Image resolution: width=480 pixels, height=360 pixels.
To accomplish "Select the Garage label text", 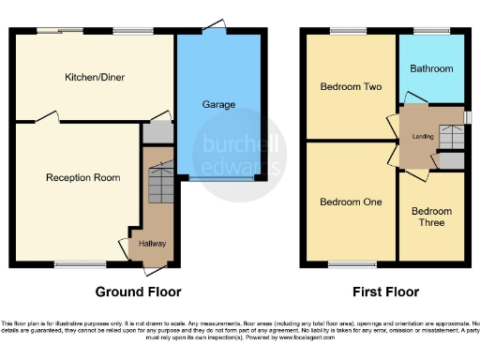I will [x=218, y=105].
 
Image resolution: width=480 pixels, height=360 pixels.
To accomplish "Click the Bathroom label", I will [x=430, y=68].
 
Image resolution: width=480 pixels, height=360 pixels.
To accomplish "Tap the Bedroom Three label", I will [x=430, y=217].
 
